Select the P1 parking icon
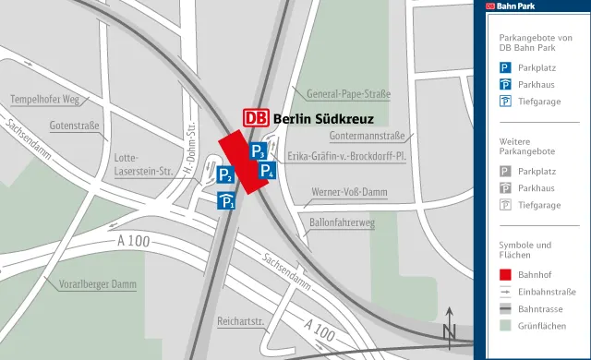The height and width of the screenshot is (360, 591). pos(226,200)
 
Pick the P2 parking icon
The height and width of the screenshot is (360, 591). pos(224,174)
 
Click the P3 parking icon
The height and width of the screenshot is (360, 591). pos(259,151)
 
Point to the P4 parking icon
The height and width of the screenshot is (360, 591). pos(266,170)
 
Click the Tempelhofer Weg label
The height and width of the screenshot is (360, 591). pos(44,99)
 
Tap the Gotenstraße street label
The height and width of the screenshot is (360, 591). pos(75,125)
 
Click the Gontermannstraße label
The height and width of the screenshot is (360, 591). pos(368,136)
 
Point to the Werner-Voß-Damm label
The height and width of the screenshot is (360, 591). pos(350,193)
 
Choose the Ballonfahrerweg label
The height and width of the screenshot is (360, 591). pos(342,222)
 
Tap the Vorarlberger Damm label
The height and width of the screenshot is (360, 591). pos(97,283)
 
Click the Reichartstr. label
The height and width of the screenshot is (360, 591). pos(241,321)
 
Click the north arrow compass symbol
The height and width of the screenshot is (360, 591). pos(450,328)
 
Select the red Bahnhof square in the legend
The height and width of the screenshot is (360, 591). pos(505,274)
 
